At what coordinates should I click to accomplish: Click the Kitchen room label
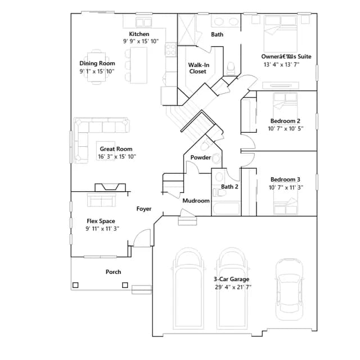(x=139, y=34)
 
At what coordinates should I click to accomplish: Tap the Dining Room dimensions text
(x=97, y=71)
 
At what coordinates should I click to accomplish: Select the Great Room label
(x=116, y=149)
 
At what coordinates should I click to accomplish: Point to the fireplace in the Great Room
(x=110, y=187)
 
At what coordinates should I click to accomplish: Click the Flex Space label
(x=101, y=221)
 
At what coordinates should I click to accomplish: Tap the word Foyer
(x=144, y=209)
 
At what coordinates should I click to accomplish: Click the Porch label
(x=113, y=272)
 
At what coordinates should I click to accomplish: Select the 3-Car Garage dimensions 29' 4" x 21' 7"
(x=233, y=287)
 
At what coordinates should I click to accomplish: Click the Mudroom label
(x=196, y=201)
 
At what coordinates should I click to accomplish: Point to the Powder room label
(x=200, y=157)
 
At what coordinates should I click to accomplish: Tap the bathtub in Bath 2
(x=226, y=209)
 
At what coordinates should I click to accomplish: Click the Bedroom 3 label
(x=285, y=179)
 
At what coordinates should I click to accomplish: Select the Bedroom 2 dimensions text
(x=286, y=129)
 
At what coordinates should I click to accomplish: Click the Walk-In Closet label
(x=199, y=68)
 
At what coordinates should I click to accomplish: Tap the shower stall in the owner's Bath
(x=187, y=30)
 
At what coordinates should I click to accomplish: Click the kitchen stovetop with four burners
(x=170, y=50)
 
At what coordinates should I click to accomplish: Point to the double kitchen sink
(x=143, y=22)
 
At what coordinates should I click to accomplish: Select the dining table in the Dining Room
(x=96, y=67)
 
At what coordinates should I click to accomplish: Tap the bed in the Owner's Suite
(x=280, y=34)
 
